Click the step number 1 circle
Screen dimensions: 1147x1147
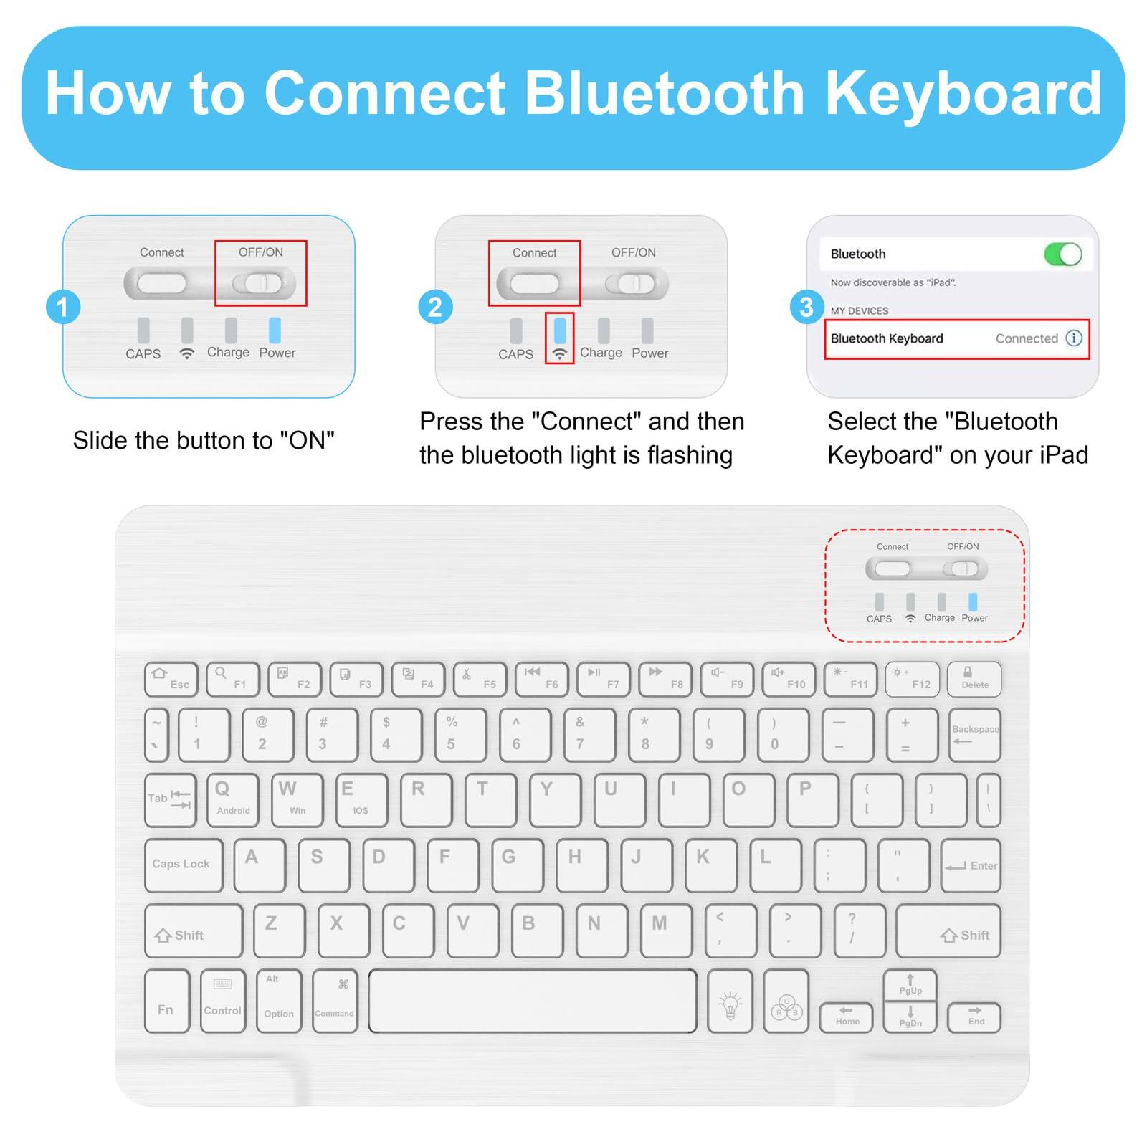(x=62, y=307)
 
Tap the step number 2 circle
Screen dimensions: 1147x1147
(x=434, y=307)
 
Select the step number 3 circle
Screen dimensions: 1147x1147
(x=806, y=307)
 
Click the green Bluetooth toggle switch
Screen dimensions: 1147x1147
(x=1062, y=254)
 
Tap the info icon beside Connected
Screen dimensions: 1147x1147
(x=1073, y=338)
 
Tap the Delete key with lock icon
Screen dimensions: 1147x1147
(x=974, y=679)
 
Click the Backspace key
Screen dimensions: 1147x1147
(x=974, y=735)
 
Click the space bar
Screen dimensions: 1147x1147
(x=532, y=1001)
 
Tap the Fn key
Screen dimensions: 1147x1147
(x=166, y=1001)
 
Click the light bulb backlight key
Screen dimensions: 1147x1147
(x=730, y=1001)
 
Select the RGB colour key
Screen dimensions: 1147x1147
(x=786, y=1001)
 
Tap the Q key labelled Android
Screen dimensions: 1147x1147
(x=232, y=799)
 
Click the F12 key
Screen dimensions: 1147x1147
(x=912, y=679)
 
